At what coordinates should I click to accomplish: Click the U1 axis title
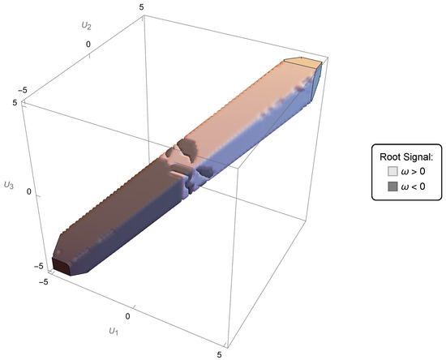tap(114, 331)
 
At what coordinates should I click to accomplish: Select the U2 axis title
tap(87, 26)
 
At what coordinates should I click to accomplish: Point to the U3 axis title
tap(9, 185)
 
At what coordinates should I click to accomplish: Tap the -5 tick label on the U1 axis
tap(44, 282)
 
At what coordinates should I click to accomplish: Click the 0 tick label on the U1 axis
tap(127, 316)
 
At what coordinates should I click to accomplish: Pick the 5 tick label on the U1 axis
tap(219, 354)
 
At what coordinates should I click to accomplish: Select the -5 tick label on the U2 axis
tap(23, 91)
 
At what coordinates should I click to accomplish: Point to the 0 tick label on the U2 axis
tap(88, 45)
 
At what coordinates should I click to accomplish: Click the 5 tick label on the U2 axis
tap(142, 7)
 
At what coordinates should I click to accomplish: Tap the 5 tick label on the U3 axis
tap(15, 102)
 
